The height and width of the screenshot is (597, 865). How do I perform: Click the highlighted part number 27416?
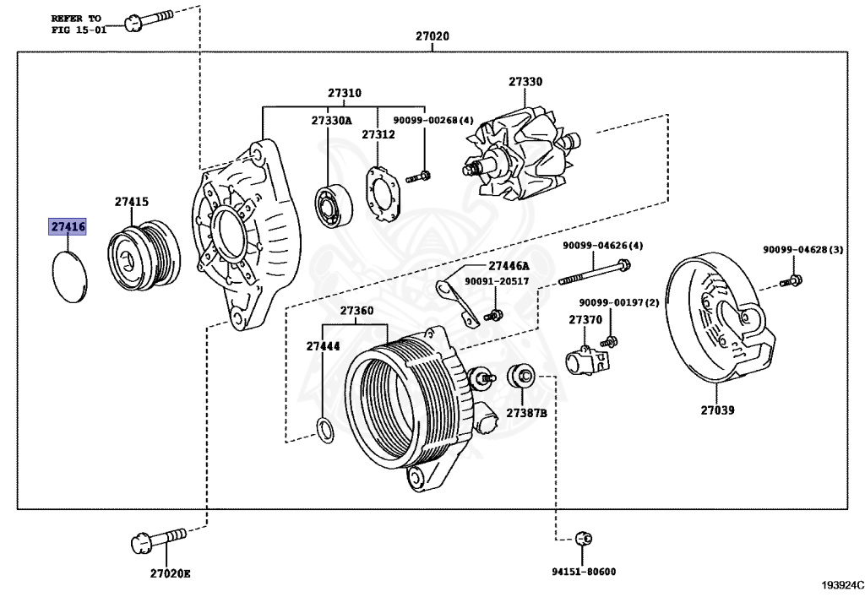68,227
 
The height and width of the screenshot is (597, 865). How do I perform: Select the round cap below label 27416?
68,275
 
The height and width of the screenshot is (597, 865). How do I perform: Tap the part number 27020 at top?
432,37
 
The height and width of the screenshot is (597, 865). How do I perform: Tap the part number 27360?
356,311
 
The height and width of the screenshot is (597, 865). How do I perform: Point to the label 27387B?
526,413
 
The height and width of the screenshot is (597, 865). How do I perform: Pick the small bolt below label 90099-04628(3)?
794,279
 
